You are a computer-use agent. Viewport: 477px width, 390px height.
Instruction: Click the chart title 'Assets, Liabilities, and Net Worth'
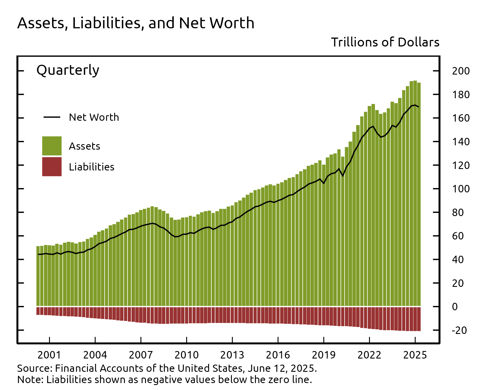coord(136,23)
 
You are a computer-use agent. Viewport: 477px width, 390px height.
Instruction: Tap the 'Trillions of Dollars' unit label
coord(385,42)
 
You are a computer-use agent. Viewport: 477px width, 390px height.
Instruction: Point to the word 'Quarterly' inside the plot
coord(68,70)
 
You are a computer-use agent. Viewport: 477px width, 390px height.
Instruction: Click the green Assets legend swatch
coord(52,146)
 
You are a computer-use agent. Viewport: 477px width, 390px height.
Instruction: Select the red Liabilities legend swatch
coord(52,167)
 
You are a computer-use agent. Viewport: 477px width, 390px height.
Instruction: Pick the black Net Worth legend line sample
coord(52,117)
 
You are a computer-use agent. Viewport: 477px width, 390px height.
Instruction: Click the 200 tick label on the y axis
coord(461,71)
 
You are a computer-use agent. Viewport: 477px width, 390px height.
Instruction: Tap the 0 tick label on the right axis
coord(455,307)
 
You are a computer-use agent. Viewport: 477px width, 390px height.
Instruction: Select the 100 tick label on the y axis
coord(461,189)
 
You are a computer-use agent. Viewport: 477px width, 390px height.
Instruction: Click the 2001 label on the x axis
coord(49,355)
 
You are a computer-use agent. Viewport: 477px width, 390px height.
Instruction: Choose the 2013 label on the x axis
coord(232,355)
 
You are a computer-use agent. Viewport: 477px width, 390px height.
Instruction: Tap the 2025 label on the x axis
coord(415,355)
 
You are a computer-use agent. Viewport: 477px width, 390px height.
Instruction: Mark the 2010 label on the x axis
coord(186,355)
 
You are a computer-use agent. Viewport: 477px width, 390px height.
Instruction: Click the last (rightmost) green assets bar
coord(419,194)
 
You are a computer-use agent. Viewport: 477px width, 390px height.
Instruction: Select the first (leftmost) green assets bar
coord(38,276)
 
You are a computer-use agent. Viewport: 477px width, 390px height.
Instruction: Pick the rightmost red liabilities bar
coord(419,319)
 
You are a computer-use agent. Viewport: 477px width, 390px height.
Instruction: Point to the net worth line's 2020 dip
coord(343,176)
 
